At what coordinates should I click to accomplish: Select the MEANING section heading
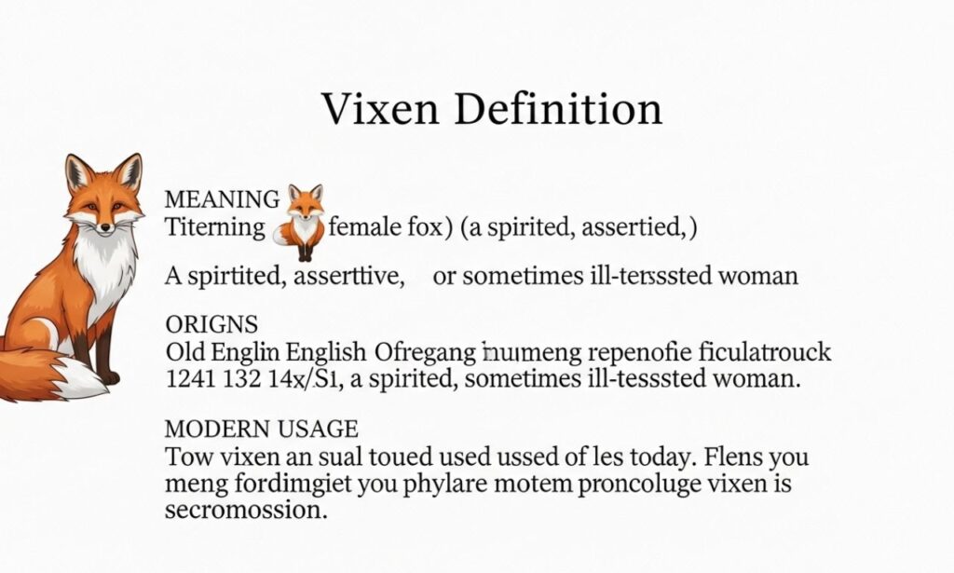point(222,199)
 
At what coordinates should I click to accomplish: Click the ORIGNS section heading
point(211,325)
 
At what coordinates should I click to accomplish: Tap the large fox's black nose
point(102,226)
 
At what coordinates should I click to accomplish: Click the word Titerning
point(214,226)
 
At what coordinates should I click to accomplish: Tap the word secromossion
point(246,511)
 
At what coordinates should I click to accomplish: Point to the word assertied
point(634,226)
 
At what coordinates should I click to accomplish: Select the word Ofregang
point(422,353)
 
